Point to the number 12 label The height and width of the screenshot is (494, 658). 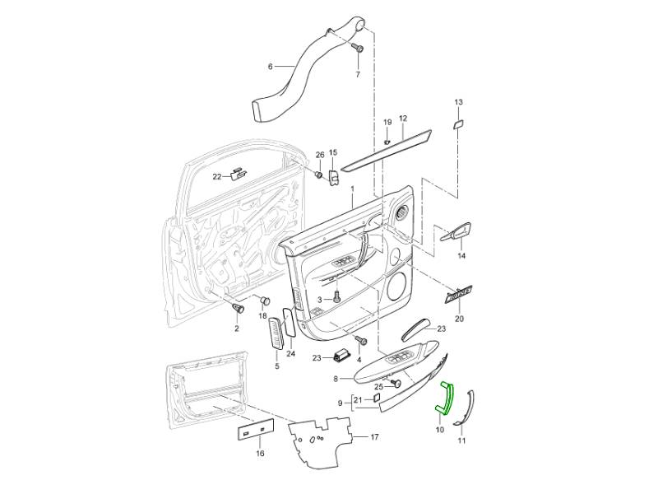pos(403,119)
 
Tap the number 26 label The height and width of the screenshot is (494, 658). pos(320,155)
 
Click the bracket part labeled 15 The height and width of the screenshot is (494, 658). pos(335,179)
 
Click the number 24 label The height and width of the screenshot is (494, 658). pos(290,354)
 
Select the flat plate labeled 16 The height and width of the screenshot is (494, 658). pos(256,431)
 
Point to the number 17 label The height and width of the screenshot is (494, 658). pos(374,436)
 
